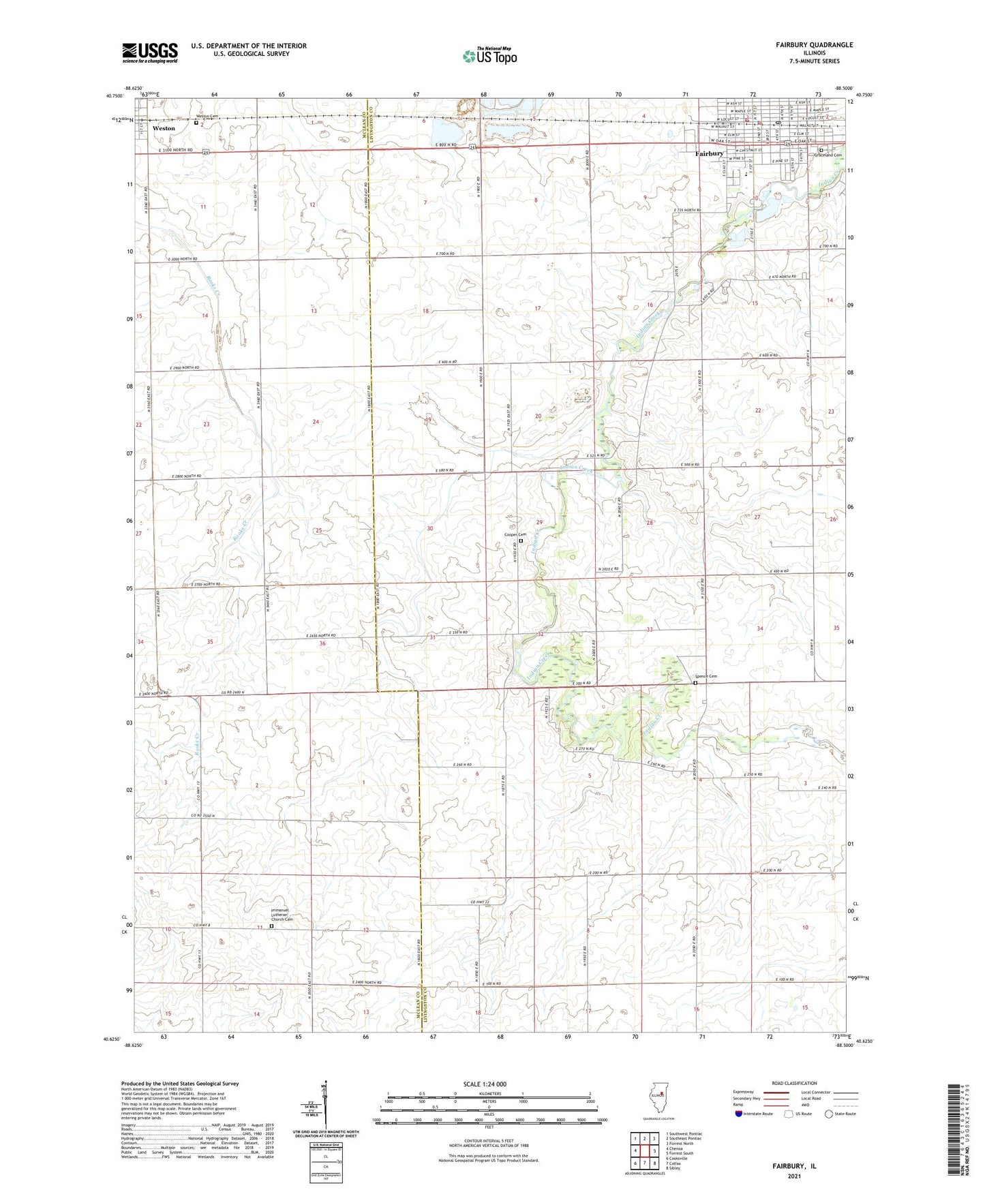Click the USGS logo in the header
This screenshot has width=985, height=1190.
(x=150, y=52)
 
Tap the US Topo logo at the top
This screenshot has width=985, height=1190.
(x=489, y=56)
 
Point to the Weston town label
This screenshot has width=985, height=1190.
(x=164, y=128)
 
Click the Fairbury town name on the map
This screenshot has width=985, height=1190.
(x=709, y=154)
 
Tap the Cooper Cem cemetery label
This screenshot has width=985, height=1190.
(x=515, y=534)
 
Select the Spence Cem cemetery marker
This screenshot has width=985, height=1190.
(x=695, y=682)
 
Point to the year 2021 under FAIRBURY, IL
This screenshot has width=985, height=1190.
(x=794, y=1176)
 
